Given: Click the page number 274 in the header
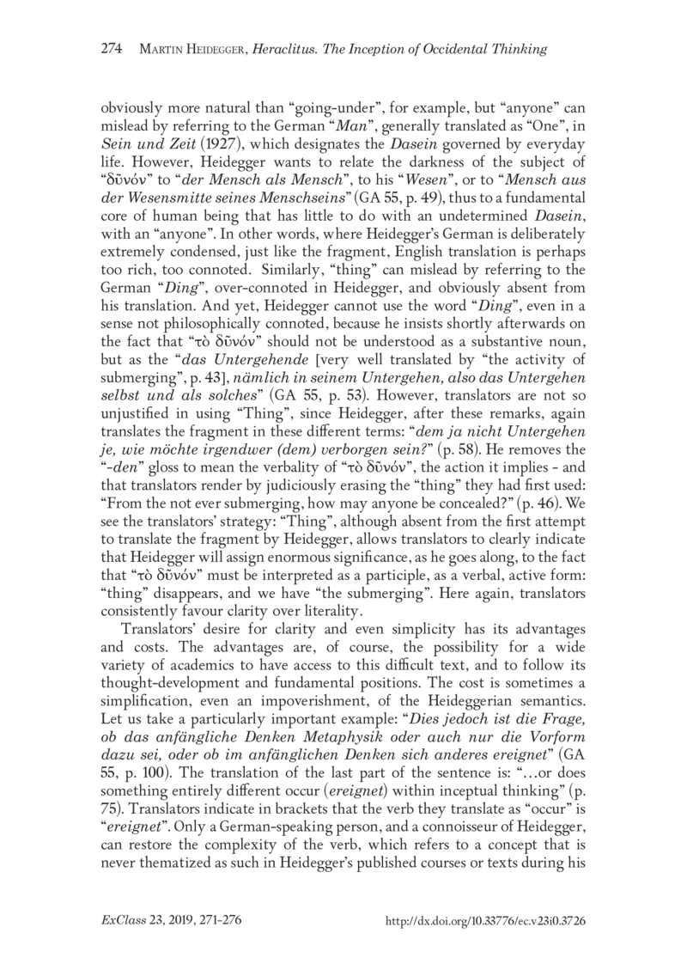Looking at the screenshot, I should pos(112,48).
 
